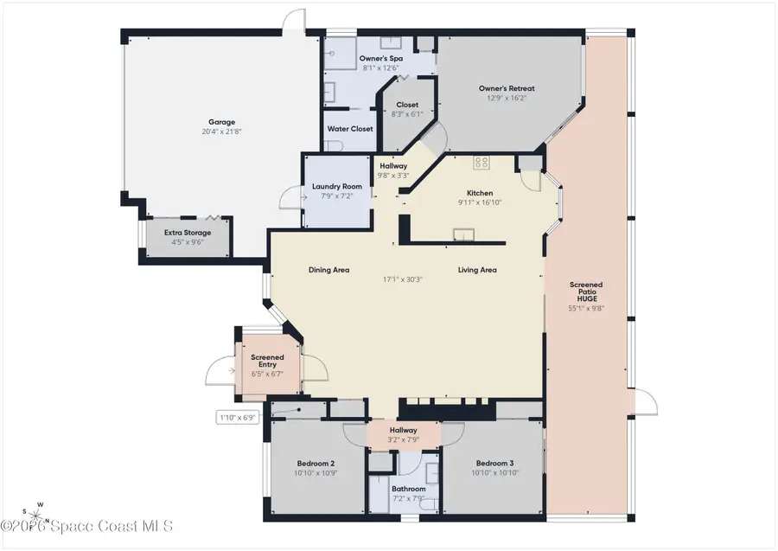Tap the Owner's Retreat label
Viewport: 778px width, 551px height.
[x=507, y=88]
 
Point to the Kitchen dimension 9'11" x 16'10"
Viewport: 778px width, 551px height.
[x=480, y=202]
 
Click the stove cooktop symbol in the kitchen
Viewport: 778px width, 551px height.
[x=481, y=162]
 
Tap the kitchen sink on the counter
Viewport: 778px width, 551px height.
[x=465, y=232]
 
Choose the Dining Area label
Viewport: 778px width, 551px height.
[x=328, y=270]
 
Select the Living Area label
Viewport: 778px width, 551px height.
[x=477, y=270]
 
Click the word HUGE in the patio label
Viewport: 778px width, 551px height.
[x=585, y=299]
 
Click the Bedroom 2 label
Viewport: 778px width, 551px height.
[x=316, y=464]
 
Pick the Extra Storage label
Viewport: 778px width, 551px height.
[x=188, y=233]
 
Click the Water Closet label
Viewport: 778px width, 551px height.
[x=350, y=129]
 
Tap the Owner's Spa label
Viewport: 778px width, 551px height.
[x=380, y=58]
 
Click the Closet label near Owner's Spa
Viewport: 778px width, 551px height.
[x=407, y=105]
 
